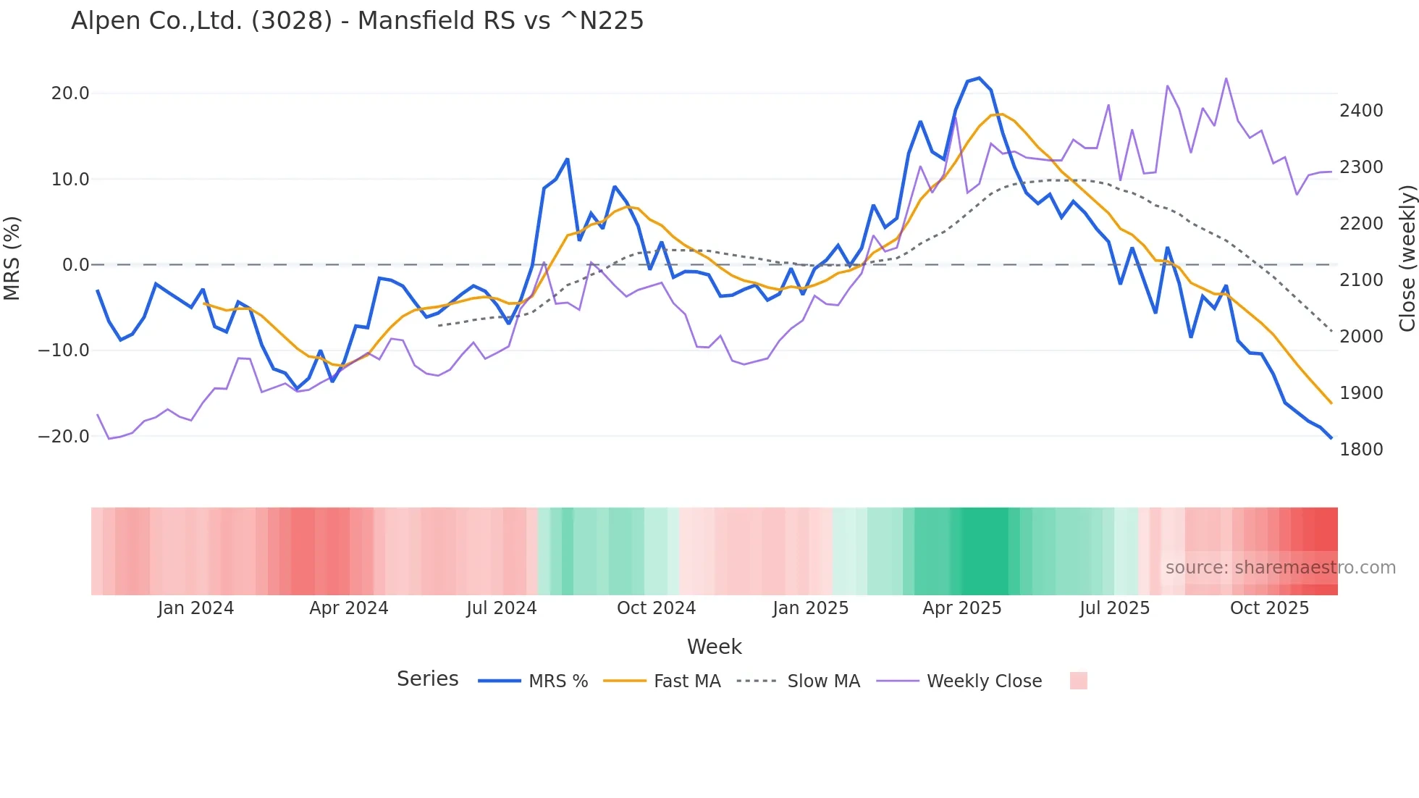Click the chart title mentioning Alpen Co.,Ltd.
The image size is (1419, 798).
pyautogui.click(x=357, y=20)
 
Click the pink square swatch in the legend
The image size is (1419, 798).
pyautogui.click(x=1078, y=681)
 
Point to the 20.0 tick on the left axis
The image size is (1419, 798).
pyautogui.click(x=70, y=93)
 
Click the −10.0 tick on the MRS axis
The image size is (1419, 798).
pyautogui.click(x=64, y=350)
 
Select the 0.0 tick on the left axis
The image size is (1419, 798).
pyautogui.click(x=75, y=265)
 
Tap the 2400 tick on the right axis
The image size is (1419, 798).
pyautogui.click(x=1361, y=111)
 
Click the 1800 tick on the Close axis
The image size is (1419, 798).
pyautogui.click(x=1361, y=450)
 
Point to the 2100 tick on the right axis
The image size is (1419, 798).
pyautogui.click(x=1361, y=280)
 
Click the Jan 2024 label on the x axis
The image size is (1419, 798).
pyautogui.click(x=195, y=608)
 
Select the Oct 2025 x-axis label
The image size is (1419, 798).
pyautogui.click(x=1269, y=608)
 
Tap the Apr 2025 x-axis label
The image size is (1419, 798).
pyautogui.click(x=961, y=608)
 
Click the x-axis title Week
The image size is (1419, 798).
pyautogui.click(x=714, y=647)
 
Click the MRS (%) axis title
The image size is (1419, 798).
pyautogui.click(x=12, y=258)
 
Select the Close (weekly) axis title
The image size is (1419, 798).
pyautogui.click(x=1407, y=258)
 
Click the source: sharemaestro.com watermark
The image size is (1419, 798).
pyautogui.click(x=1280, y=568)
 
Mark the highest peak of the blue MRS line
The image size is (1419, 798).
pyautogui.click(x=979, y=78)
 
